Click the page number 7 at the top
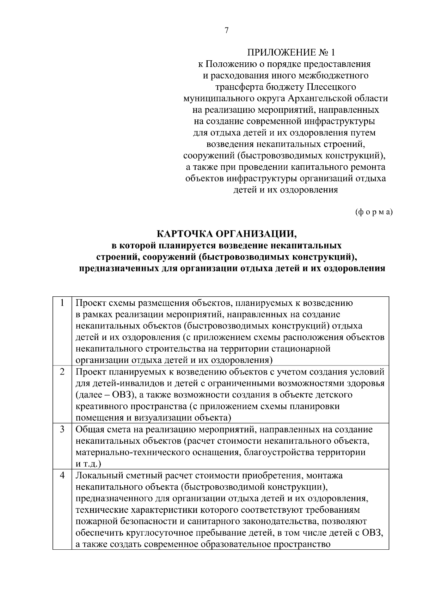[x=227, y=31]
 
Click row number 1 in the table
[x=62, y=303]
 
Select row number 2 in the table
[x=62, y=372]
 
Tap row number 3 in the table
[x=62, y=429]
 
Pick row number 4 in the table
[x=62, y=475]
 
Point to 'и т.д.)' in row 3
[x=88, y=464]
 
